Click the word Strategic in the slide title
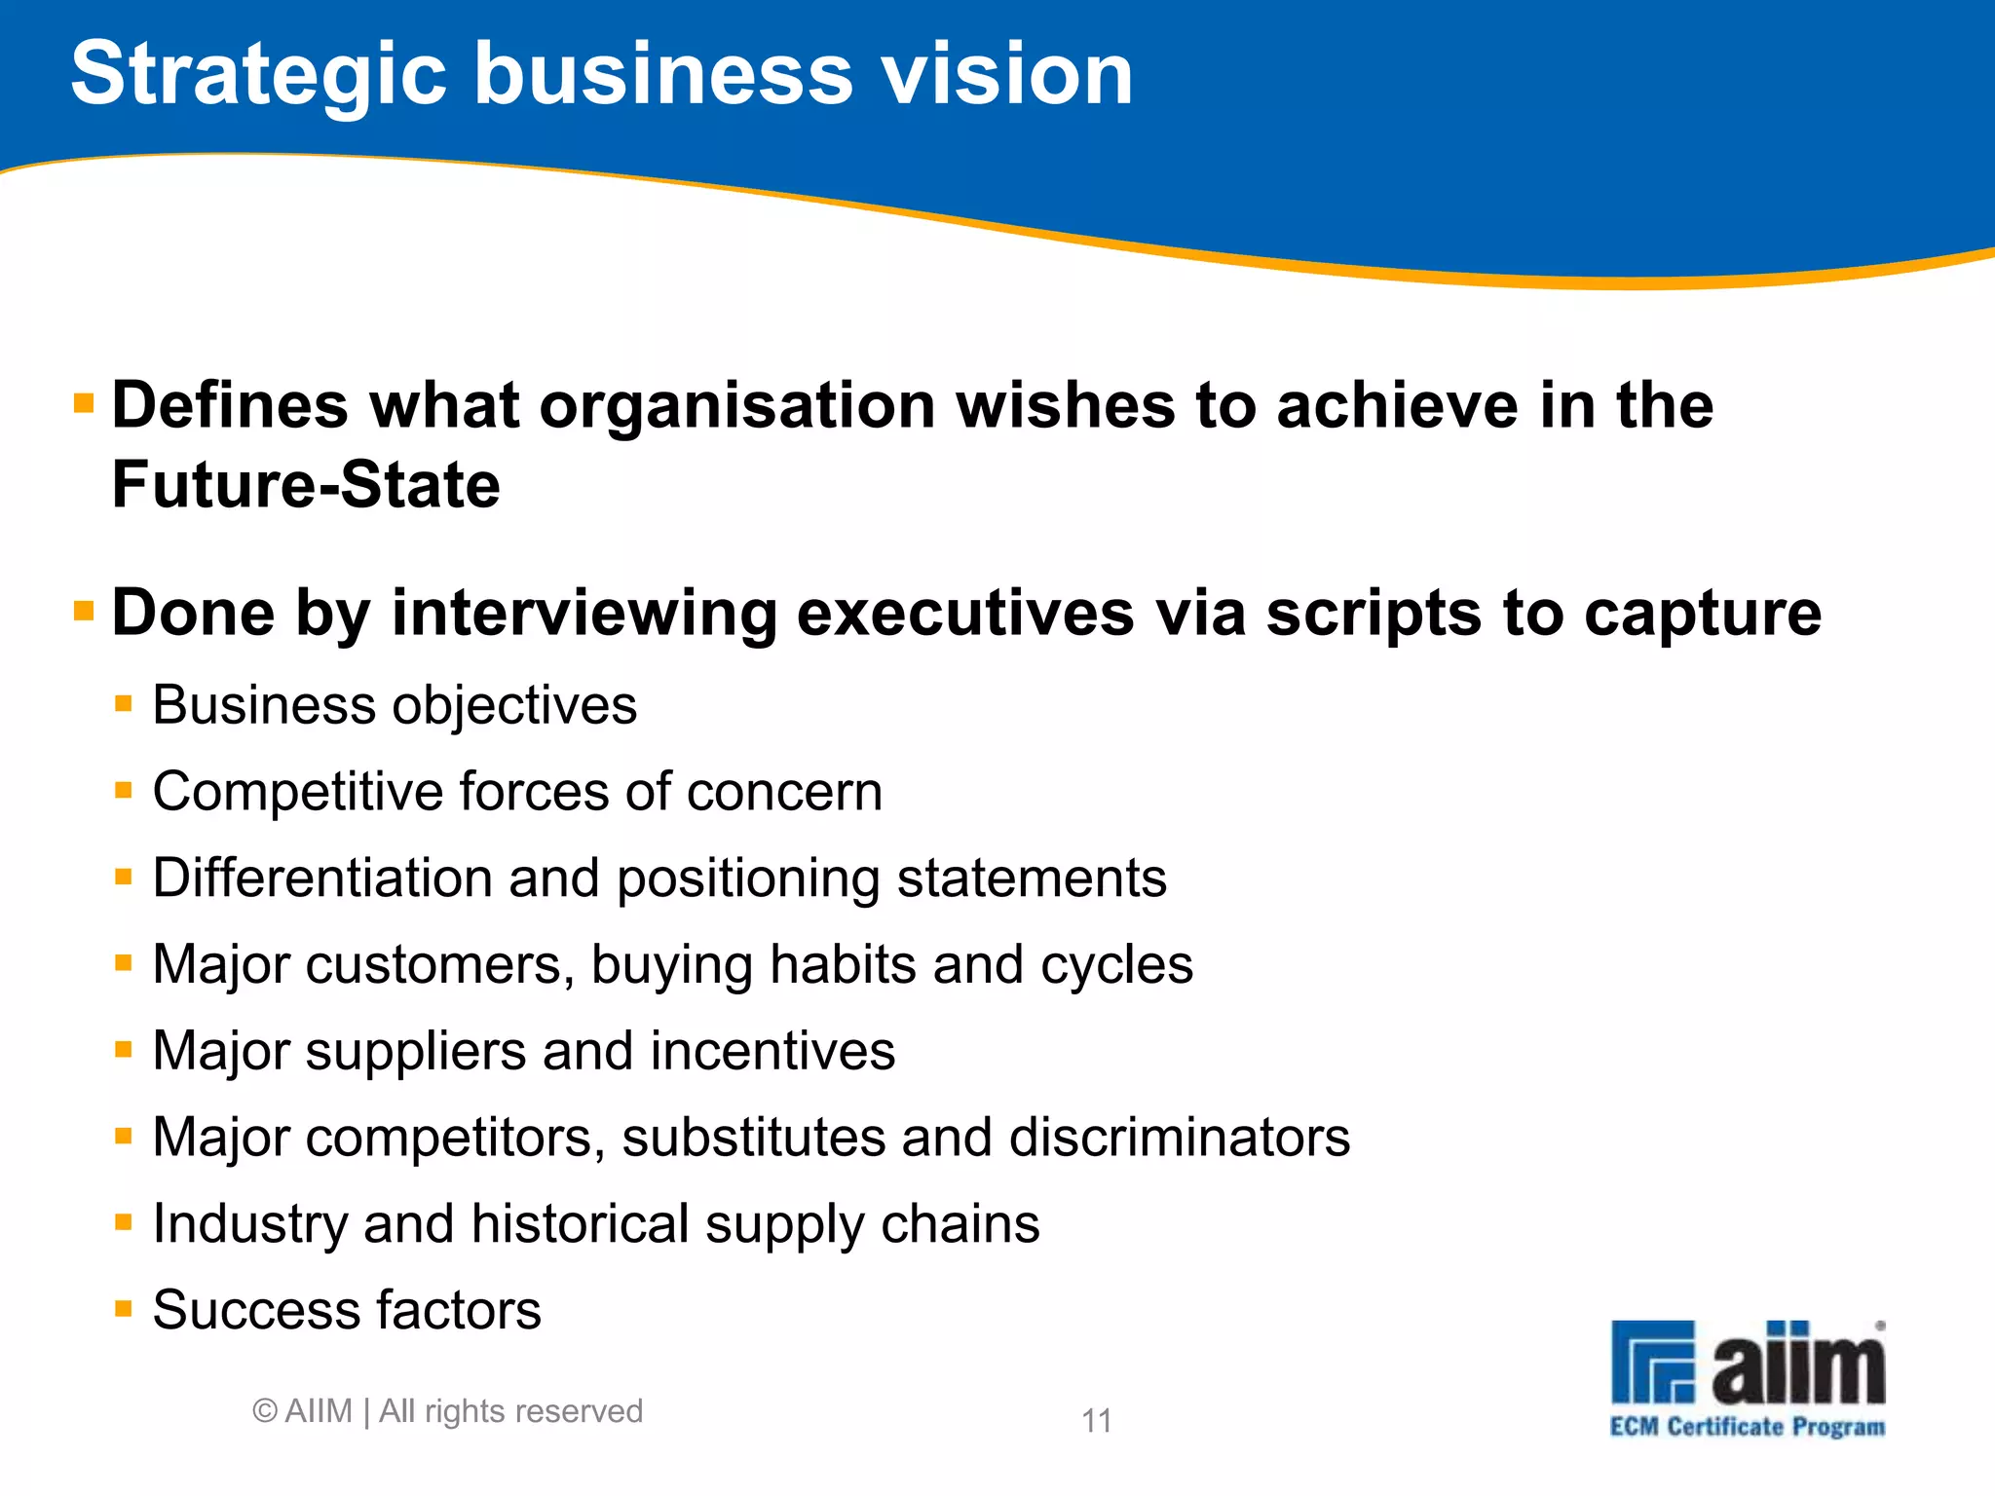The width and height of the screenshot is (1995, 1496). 259,76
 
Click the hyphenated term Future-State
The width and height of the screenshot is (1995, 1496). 306,485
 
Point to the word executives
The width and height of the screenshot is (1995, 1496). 964,614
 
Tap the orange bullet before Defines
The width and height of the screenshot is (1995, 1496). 84,402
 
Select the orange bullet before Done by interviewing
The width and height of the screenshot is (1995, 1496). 84,611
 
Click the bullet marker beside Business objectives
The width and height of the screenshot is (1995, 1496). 123,703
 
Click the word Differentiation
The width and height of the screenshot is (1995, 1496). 321,878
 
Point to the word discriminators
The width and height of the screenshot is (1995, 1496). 1180,1137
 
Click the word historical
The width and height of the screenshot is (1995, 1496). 581,1223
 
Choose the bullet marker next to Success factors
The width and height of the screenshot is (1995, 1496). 123,1308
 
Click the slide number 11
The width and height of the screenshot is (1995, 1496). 1097,1421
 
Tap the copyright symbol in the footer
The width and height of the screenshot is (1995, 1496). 264,1411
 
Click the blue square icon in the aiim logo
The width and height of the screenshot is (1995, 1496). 1653,1361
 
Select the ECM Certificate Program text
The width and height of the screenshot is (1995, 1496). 1748,1428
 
